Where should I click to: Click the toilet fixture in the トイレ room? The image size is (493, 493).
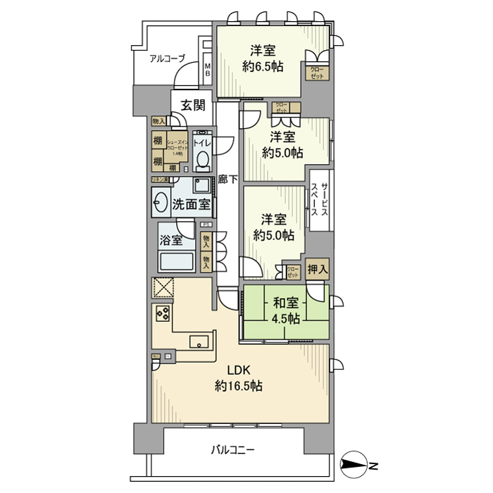(x=203, y=161)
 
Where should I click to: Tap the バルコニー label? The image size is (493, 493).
(x=232, y=449)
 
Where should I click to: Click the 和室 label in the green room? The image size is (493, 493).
(x=286, y=304)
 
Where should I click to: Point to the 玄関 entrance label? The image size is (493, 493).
(x=192, y=106)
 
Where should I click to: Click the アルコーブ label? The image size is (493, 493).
(x=166, y=59)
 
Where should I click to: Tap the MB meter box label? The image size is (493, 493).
(x=207, y=69)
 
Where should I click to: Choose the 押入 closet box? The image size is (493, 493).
(x=318, y=268)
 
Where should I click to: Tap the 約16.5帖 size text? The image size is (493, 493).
(x=239, y=386)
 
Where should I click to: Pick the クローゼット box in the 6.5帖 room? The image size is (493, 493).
(x=317, y=73)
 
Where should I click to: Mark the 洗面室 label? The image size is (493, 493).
(x=191, y=205)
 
